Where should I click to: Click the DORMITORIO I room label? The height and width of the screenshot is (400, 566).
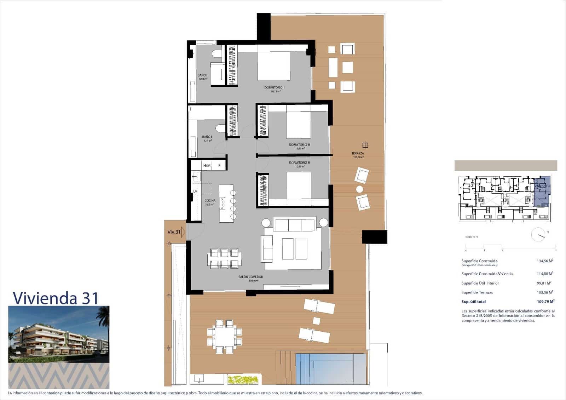(274, 87)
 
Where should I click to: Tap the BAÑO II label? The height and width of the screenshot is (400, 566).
(207, 137)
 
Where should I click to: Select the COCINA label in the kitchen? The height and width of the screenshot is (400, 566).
(210, 200)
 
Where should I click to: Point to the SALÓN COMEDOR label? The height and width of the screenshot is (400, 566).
(250, 277)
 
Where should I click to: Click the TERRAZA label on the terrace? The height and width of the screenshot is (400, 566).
(358, 153)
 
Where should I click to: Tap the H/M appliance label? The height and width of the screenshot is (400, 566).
(207, 165)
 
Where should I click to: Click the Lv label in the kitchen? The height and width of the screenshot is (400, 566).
(195, 191)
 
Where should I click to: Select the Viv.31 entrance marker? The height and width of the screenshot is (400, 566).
(174, 232)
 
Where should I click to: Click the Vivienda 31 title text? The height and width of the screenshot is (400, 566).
(56, 298)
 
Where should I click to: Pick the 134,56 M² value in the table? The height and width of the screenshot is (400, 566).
(545, 261)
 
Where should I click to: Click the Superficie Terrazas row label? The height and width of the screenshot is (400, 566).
(477, 292)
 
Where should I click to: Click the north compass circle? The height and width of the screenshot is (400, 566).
(538, 234)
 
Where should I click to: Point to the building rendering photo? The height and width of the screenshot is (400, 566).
(59, 334)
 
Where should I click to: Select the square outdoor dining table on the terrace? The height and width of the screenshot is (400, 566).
(224, 337)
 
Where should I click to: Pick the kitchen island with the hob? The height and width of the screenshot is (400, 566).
(224, 203)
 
